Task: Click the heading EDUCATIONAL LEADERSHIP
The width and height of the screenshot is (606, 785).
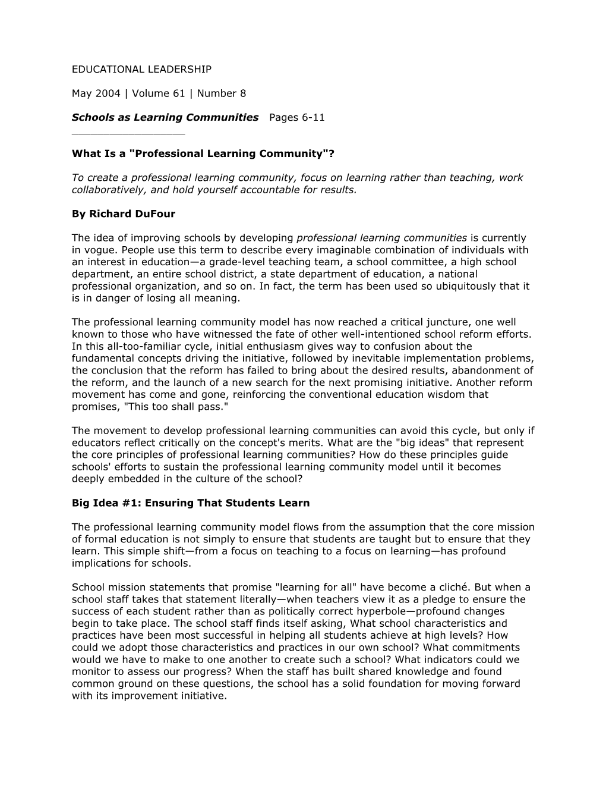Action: point(141,70)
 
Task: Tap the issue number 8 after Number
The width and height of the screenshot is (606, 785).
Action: point(242,93)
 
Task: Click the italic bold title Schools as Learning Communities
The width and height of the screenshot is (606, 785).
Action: point(165,117)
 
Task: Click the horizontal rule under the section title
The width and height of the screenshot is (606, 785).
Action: point(128,134)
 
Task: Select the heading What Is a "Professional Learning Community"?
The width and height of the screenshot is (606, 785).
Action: point(203,153)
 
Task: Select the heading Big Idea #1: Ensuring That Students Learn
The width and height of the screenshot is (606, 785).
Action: point(191,503)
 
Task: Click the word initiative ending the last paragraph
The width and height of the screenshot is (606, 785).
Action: point(200,696)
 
